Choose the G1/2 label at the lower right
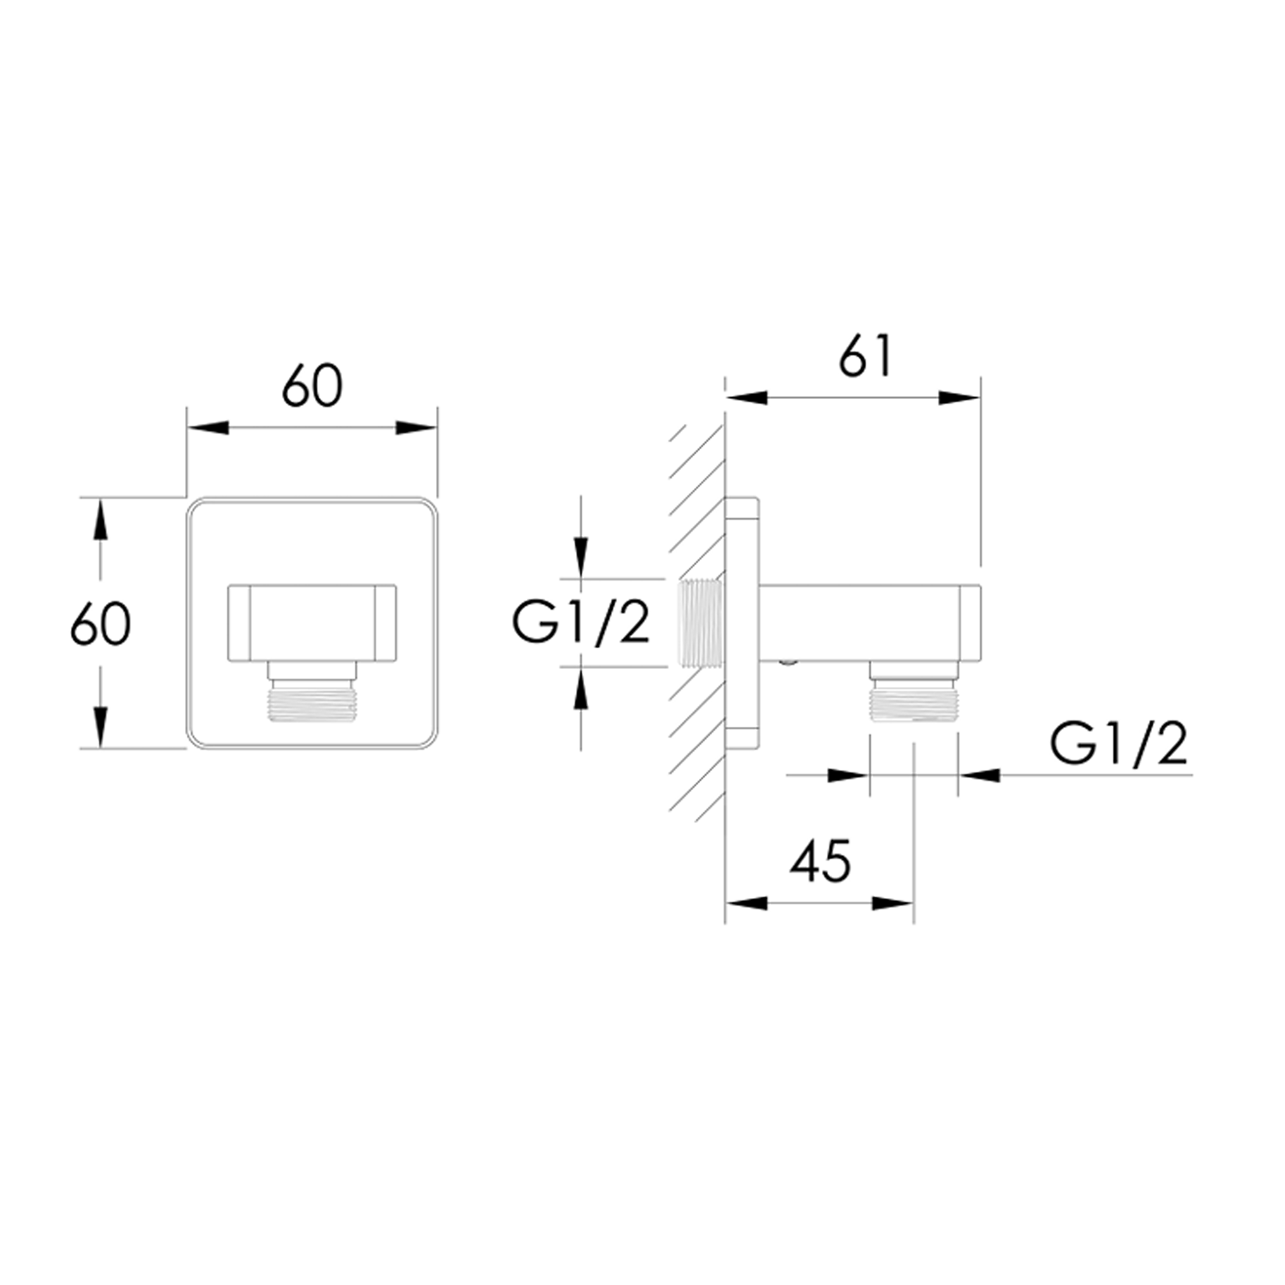1118,745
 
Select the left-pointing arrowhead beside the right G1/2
979,775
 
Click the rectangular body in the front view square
311,623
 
